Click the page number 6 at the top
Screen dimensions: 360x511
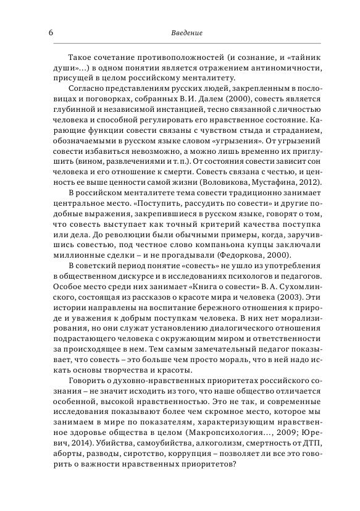49,32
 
